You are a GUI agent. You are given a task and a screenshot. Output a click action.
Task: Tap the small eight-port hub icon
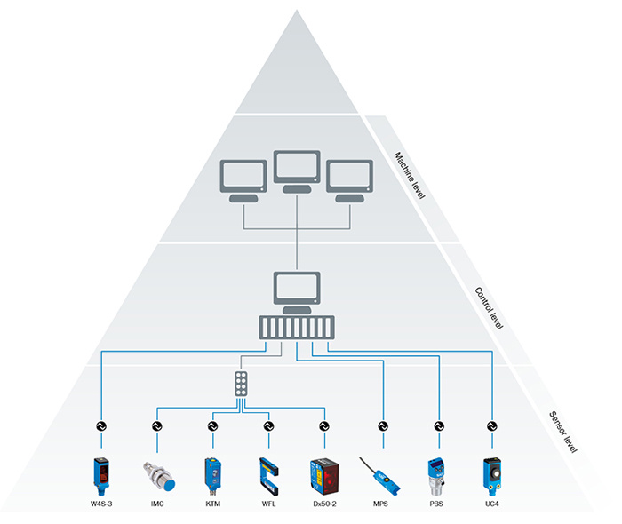coord(241,384)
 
